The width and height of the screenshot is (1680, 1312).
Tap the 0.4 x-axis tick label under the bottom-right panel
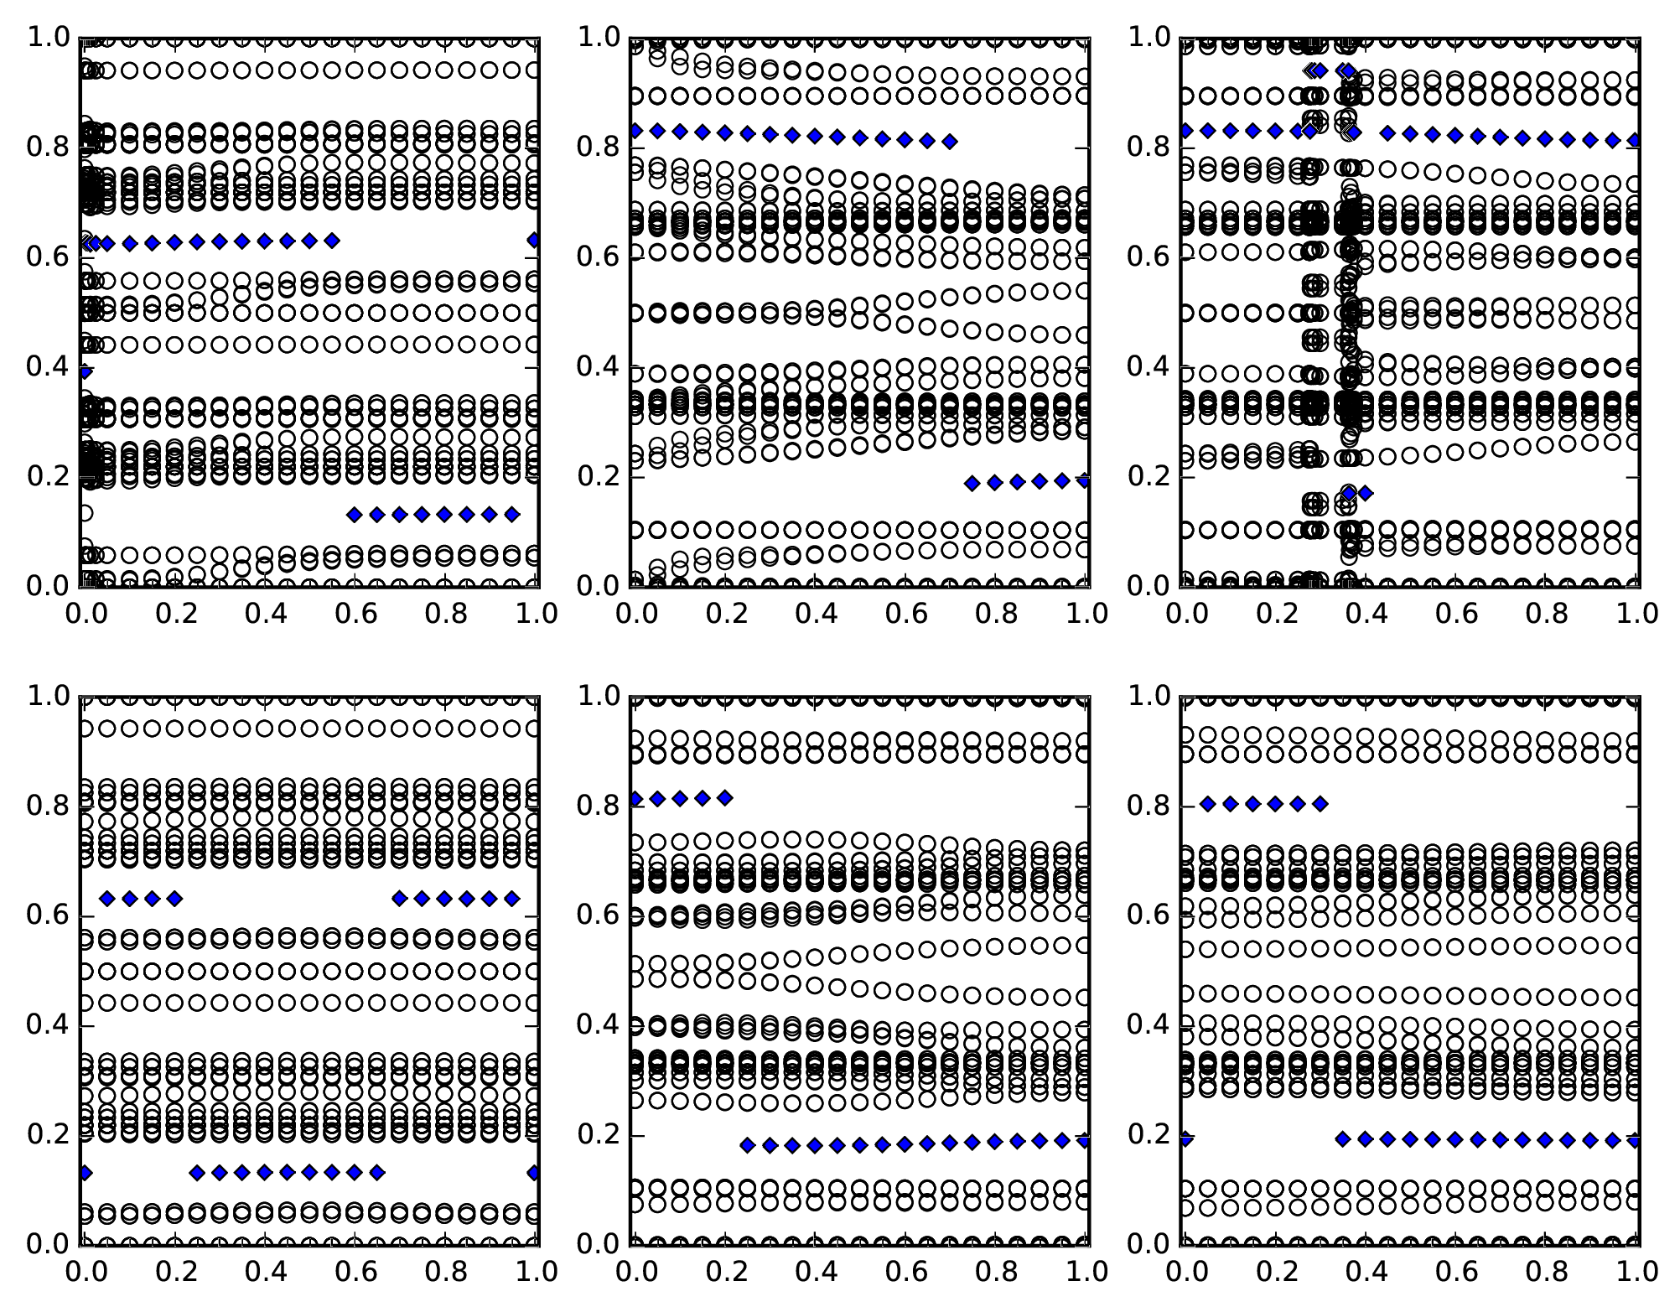pyautogui.click(x=1366, y=1271)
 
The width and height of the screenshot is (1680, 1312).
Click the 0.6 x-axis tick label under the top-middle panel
pyautogui.click(x=906, y=613)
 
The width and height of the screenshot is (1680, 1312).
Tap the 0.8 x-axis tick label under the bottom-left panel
pyautogui.click(x=445, y=1271)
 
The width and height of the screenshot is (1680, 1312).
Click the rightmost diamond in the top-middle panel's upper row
pyautogui.click(x=949, y=142)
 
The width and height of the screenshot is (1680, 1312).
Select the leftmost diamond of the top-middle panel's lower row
pyautogui.click(x=972, y=483)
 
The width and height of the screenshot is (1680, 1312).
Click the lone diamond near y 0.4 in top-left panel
pyautogui.click(x=85, y=371)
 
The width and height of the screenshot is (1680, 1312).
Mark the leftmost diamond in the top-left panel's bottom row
pyautogui.click(x=354, y=514)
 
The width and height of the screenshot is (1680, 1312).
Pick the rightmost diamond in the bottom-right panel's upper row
pyautogui.click(x=1320, y=804)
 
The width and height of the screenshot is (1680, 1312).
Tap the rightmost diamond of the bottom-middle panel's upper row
pyautogui.click(x=725, y=798)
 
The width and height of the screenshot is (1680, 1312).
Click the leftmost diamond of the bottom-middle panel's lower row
pyautogui.click(x=748, y=1145)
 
